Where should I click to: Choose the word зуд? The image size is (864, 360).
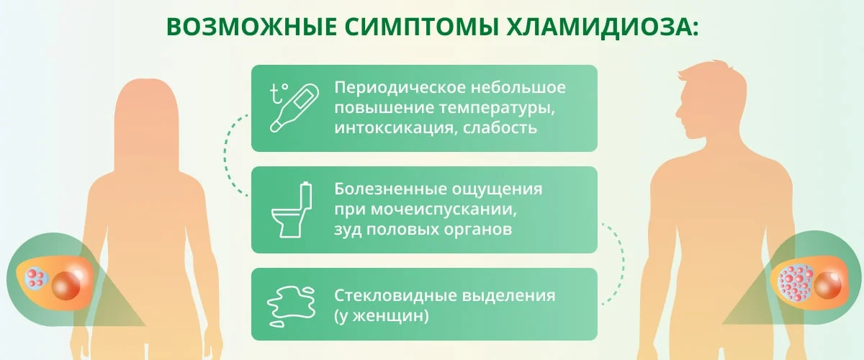(347, 230)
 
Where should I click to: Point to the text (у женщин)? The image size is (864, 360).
(382, 316)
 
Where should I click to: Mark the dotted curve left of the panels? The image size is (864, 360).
(229, 155)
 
